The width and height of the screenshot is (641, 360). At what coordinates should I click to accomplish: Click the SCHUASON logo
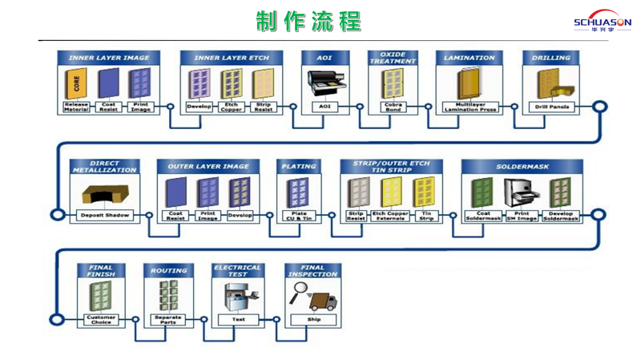coord(602,22)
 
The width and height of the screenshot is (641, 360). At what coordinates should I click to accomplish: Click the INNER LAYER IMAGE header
coord(108,58)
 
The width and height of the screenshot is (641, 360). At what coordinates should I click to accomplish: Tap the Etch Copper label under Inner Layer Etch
coord(232,107)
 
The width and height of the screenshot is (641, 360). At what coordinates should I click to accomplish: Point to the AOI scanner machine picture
coord(325,83)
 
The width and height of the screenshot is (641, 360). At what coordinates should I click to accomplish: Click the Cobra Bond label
coord(393,107)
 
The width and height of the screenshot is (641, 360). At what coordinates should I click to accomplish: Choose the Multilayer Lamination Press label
coord(470,107)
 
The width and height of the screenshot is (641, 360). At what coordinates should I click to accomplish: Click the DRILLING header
coord(550,58)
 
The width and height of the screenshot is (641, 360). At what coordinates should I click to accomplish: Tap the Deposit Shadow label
coord(105,216)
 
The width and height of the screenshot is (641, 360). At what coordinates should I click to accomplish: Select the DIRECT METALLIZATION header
coord(105,167)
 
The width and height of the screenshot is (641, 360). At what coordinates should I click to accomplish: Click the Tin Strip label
coord(426,216)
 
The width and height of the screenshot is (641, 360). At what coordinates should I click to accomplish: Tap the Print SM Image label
coord(522,216)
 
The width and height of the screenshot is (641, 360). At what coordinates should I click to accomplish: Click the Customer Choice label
coord(101,319)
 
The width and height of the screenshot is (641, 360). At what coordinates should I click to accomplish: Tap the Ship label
coord(312,319)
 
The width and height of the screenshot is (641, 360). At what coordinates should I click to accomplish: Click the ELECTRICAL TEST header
coord(238,271)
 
